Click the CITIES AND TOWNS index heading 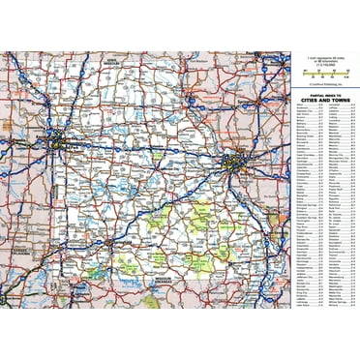point(324,101)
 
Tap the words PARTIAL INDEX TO point(324,94)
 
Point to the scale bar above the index point(324,73)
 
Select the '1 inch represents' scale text point(323,60)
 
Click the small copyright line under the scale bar point(324,82)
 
